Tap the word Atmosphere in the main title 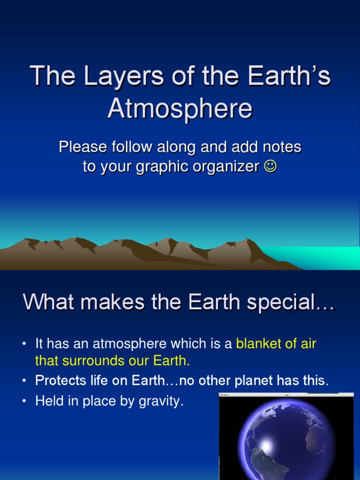pos(180,109)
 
